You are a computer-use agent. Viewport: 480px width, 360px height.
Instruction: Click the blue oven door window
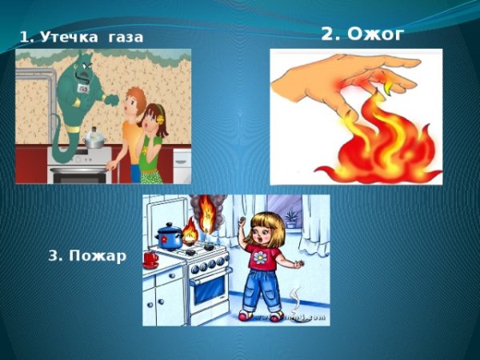(209, 289)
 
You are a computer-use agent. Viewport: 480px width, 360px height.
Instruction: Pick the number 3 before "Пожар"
(53, 256)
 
